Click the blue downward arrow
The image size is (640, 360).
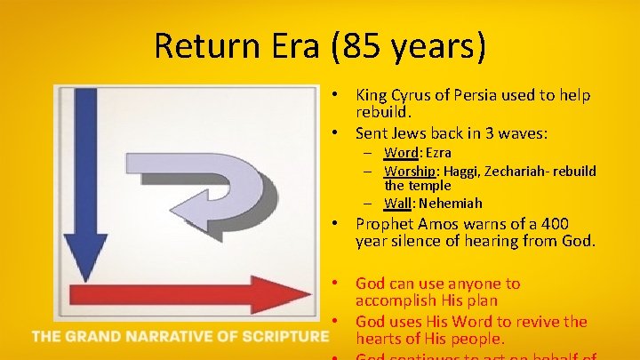point(90,178)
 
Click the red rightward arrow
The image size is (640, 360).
point(178,295)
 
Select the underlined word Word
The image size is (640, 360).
point(401,153)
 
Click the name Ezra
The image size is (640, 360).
point(437,153)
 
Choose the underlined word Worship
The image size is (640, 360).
point(412,171)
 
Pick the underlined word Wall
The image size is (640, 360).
point(397,204)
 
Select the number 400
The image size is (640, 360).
point(566,224)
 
